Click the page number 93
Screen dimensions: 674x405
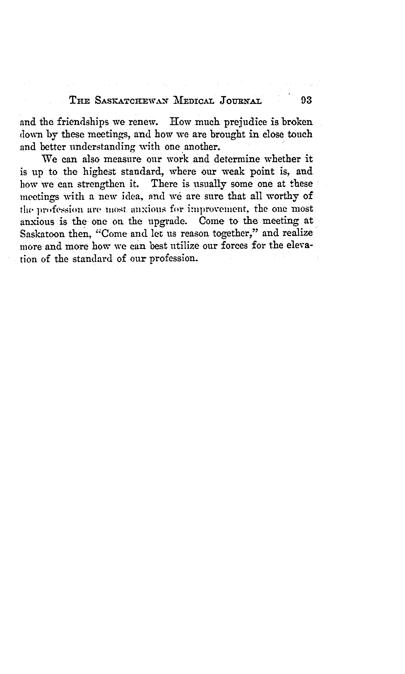[x=306, y=100]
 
